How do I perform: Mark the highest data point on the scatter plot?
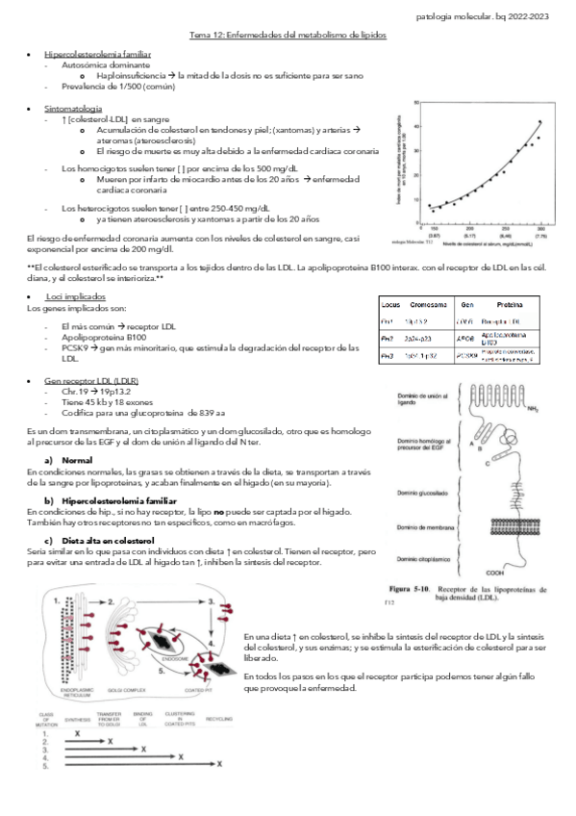[539, 122]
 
